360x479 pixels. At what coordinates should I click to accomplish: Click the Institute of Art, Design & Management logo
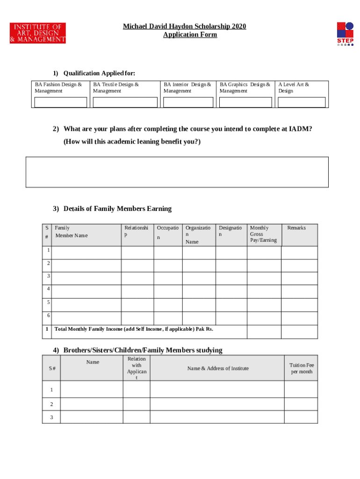pyautogui.click(x=38, y=33)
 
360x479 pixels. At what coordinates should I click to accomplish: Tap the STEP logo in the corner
pyautogui.click(x=345, y=33)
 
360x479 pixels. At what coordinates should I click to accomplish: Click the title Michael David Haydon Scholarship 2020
pyautogui.click(x=184, y=26)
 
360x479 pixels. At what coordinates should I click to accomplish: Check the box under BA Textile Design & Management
pyautogui.click(x=125, y=102)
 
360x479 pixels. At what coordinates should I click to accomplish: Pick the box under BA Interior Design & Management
pyautogui.click(x=188, y=102)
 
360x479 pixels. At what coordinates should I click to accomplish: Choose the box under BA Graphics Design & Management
pyautogui.click(x=245, y=102)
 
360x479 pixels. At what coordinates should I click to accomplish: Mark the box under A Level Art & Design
pyautogui.click(x=302, y=102)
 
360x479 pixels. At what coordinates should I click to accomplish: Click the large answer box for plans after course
pyautogui.click(x=177, y=172)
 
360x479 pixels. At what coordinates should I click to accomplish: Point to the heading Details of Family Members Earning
pyautogui.click(x=117, y=209)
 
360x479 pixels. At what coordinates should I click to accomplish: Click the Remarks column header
pyautogui.click(x=296, y=228)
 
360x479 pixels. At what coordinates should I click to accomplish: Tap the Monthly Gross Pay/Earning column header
pyautogui.click(x=263, y=234)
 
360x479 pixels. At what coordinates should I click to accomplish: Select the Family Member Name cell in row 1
pyautogui.click(x=86, y=253)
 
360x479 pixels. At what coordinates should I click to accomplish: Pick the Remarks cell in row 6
pyautogui.click(x=299, y=318)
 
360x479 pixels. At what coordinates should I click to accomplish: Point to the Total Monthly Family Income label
pyautogui.click(x=134, y=329)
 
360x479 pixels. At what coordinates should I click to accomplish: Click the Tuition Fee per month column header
pyautogui.click(x=301, y=369)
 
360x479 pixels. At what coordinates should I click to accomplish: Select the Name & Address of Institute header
pyautogui.click(x=218, y=369)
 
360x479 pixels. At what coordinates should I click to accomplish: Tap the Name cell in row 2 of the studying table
pyautogui.click(x=91, y=404)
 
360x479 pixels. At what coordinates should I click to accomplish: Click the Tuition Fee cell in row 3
pyautogui.click(x=301, y=417)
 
